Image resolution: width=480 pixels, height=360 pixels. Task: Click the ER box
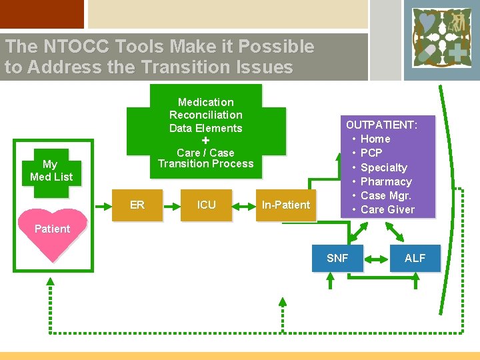click(137, 205)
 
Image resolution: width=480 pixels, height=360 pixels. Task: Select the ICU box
click(206, 205)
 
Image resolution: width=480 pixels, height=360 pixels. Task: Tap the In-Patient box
click(285, 205)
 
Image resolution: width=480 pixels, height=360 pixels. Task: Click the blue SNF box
click(337, 258)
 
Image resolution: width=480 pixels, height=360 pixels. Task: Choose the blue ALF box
click(415, 258)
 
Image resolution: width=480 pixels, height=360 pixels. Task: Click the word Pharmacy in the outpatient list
click(386, 181)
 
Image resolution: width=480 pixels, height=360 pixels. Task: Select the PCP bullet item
click(371, 153)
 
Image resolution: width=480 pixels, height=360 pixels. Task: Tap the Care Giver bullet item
click(387, 209)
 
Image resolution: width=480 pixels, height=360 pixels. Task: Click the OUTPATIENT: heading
click(381, 125)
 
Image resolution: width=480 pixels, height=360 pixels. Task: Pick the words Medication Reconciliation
click(205, 108)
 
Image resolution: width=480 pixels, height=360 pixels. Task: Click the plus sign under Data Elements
click(205, 141)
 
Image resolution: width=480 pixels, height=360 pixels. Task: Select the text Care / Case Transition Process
click(205, 158)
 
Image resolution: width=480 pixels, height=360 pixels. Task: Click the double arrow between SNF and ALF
click(376, 258)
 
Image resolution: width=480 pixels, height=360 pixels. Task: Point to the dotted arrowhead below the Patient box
click(50, 283)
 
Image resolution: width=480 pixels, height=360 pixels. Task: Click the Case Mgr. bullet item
click(386, 195)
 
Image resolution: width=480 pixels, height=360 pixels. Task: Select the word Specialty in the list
click(383, 167)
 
